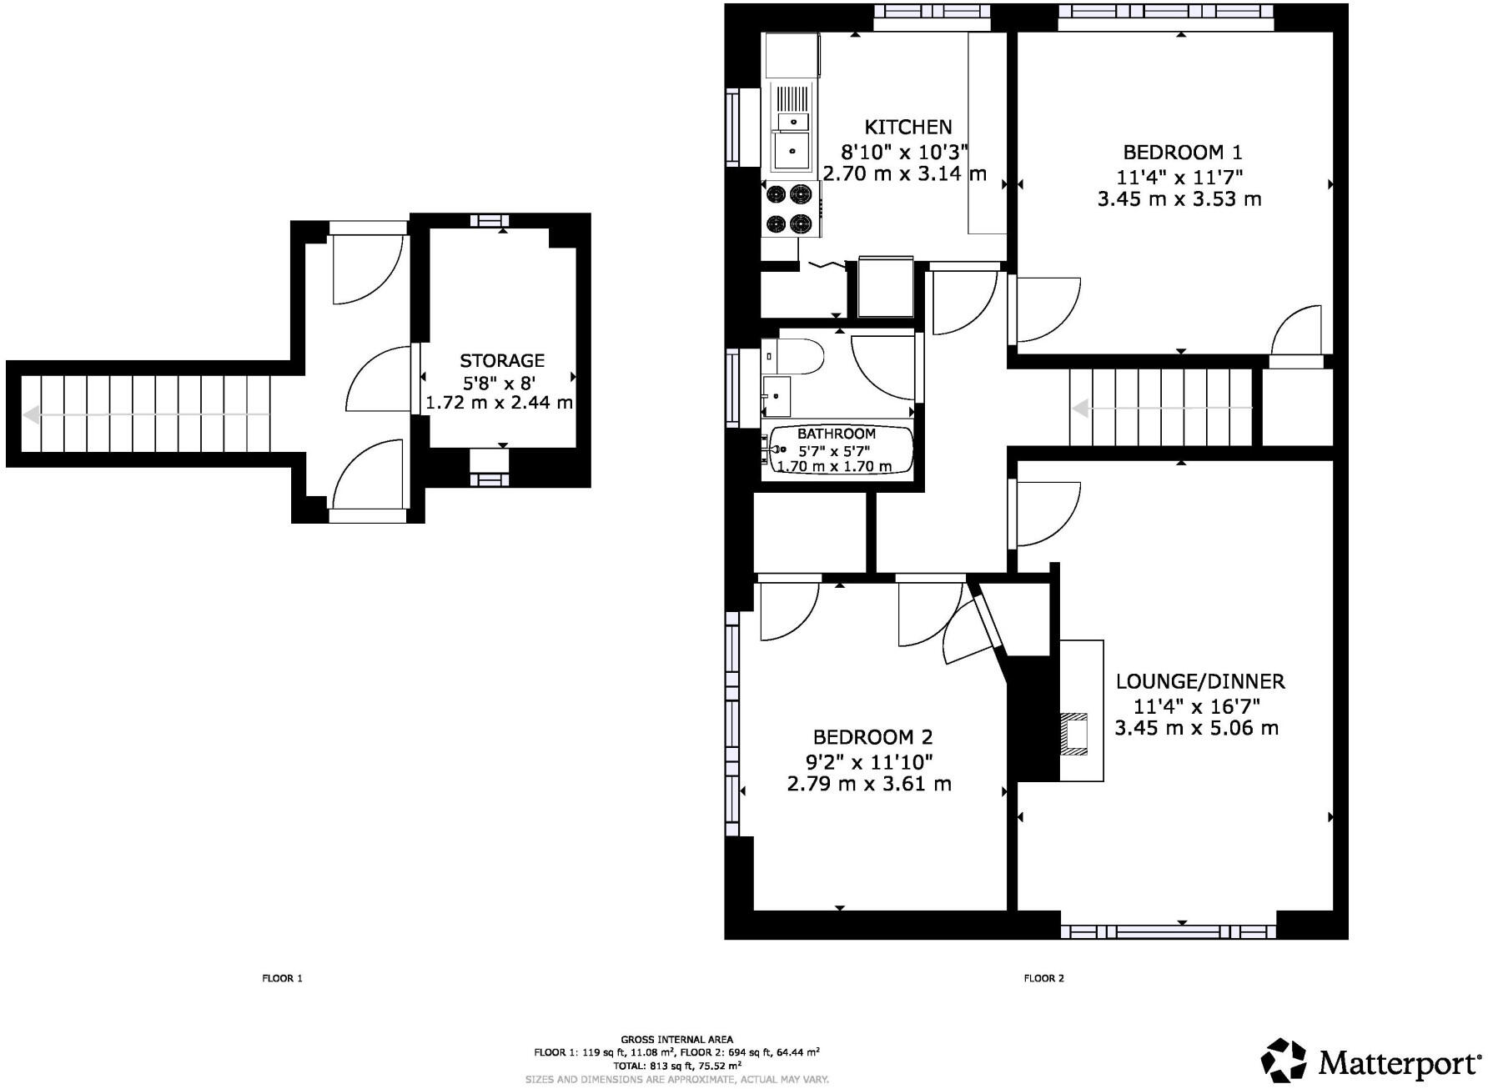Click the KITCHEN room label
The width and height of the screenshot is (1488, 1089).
click(x=907, y=127)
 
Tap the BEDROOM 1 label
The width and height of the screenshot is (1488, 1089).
click(x=1182, y=152)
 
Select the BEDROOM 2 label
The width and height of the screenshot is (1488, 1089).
click(x=872, y=737)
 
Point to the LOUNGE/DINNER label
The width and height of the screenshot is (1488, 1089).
click(x=1200, y=681)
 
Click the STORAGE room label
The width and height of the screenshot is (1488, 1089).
click(x=502, y=360)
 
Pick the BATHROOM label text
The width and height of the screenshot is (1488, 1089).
click(x=837, y=434)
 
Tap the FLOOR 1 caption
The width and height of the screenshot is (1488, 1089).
click(x=282, y=978)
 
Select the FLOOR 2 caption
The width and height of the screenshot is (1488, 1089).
click(x=1043, y=978)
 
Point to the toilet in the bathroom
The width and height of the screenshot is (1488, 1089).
click(x=801, y=357)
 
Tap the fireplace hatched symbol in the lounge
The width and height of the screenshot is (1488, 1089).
click(x=1074, y=734)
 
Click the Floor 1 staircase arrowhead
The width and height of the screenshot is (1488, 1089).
click(x=31, y=414)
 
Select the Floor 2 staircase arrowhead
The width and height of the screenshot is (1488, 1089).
click(x=1080, y=409)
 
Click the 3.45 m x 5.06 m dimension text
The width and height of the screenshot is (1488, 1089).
click(x=1197, y=728)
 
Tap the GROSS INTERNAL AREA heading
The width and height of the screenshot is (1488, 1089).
click(x=677, y=1040)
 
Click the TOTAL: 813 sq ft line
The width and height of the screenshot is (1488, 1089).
click(x=677, y=1066)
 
